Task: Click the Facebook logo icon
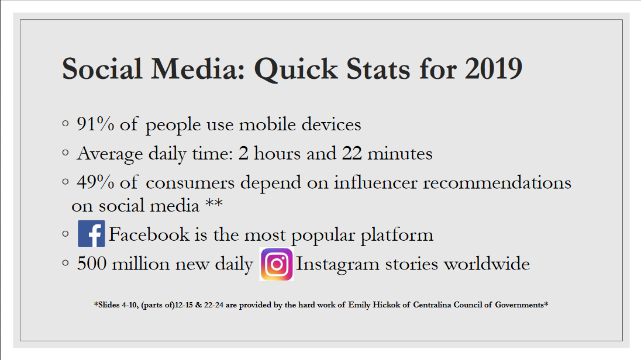[x=91, y=234]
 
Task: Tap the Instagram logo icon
[x=276, y=265]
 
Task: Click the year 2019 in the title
[x=494, y=69]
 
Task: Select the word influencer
[x=375, y=182]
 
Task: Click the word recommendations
[x=497, y=182]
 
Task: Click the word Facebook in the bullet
[x=149, y=235]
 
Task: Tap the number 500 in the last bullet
[x=91, y=264]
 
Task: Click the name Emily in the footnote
[x=360, y=304]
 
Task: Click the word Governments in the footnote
[x=521, y=304]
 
